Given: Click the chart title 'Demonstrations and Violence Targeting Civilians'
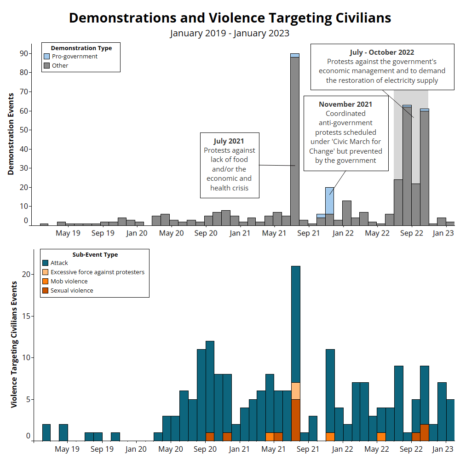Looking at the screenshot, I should [x=230, y=18].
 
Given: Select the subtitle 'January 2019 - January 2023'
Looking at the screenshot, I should [x=230, y=33].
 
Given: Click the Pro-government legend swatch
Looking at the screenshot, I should [x=46, y=57].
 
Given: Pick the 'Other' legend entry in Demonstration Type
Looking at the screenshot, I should [x=60, y=66].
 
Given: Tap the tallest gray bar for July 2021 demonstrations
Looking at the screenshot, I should [x=295, y=138].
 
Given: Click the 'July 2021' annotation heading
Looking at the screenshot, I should [x=229, y=141].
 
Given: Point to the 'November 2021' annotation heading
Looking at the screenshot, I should [x=345, y=104].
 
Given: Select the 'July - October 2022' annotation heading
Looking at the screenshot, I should [x=382, y=52].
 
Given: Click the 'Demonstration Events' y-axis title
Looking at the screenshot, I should [x=11, y=134].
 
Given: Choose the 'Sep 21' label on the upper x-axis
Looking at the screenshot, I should [x=308, y=233].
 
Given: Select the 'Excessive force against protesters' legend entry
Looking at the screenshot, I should [x=98, y=272].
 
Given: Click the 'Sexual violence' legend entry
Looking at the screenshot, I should [x=72, y=291].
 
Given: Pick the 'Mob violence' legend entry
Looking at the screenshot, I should [x=69, y=282].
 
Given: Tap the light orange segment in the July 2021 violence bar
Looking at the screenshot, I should [x=295, y=391].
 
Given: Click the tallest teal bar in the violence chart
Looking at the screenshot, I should [x=295, y=322].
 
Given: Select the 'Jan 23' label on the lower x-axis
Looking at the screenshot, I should [x=443, y=449].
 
